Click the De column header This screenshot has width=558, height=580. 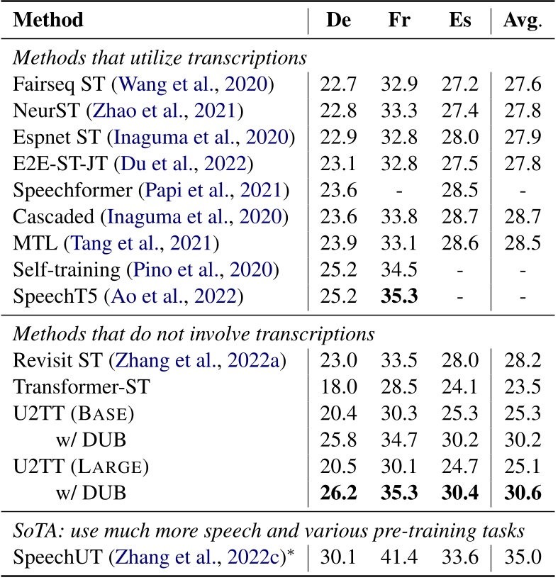coord(338,20)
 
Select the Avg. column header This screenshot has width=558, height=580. coord(523,20)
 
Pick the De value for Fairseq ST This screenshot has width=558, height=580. coord(339,86)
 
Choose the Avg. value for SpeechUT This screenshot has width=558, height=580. coord(523,557)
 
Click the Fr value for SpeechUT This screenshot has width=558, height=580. coord(401,557)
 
